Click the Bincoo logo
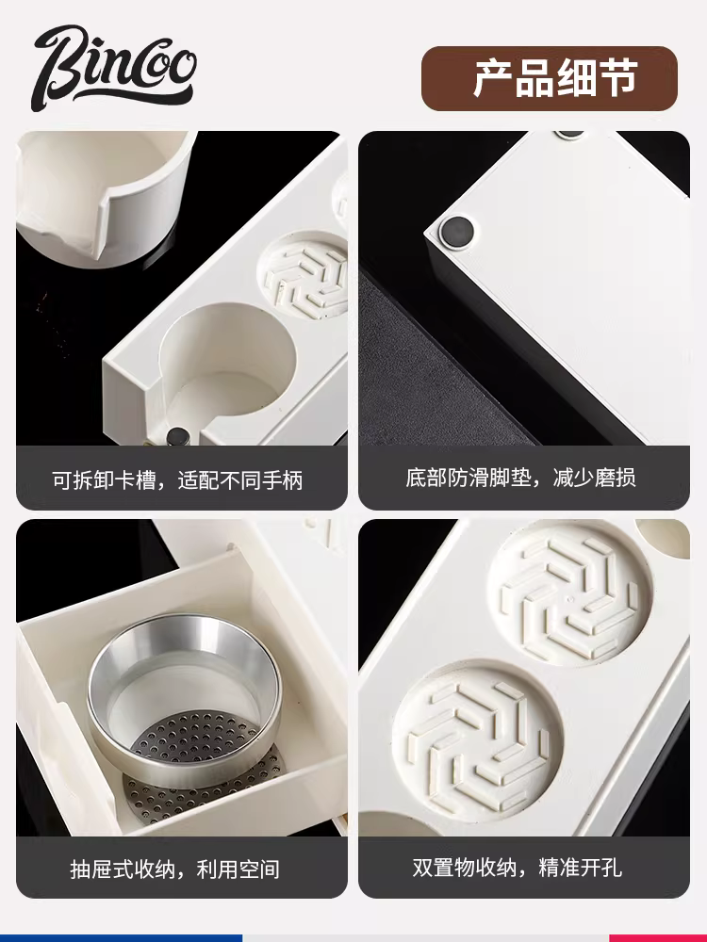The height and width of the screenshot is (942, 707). point(114,67)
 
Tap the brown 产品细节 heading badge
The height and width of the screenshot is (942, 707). point(550,78)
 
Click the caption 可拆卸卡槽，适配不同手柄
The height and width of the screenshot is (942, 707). point(177,480)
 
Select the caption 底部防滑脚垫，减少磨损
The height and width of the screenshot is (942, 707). point(520,478)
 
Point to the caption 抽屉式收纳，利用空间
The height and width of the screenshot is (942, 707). point(175,869)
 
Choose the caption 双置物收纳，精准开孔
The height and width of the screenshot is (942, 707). point(517,867)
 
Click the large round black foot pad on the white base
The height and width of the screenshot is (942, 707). point(456,231)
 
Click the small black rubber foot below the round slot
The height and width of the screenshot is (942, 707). point(177,436)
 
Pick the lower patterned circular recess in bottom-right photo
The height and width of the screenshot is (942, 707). point(478,742)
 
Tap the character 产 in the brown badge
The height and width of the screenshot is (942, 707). point(494,78)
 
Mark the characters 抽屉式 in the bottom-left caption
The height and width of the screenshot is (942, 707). point(102,869)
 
